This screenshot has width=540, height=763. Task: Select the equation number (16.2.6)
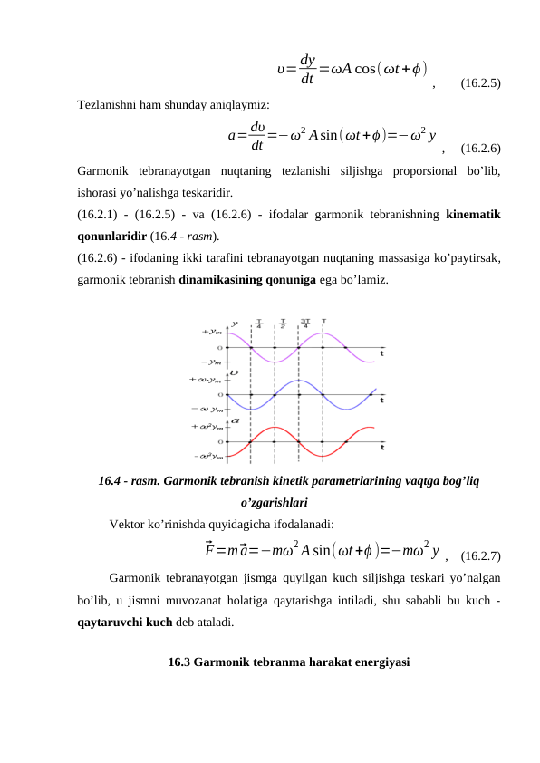tap(482, 147)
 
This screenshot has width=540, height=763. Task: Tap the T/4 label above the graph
tap(259, 324)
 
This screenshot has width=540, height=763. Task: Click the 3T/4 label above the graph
tap(305, 324)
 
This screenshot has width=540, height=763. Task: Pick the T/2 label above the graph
tap(283, 324)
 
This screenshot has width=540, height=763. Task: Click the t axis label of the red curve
tap(381, 446)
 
